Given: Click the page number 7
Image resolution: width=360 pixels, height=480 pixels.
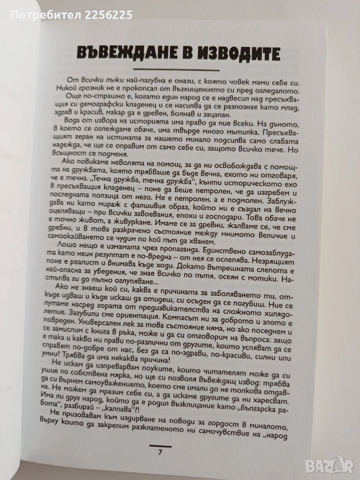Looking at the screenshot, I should (159, 453).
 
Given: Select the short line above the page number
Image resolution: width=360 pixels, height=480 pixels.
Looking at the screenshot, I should (159, 445).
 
